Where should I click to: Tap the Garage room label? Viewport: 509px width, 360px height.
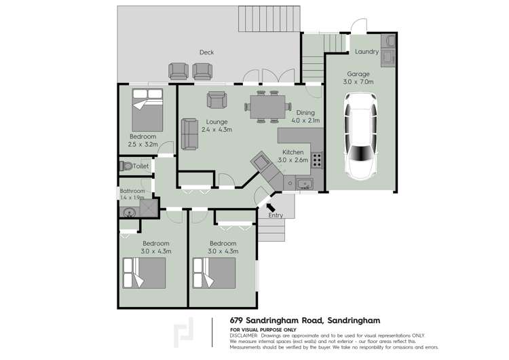pyautogui.click(x=358, y=74)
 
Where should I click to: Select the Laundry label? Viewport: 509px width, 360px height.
pyautogui.click(x=366, y=52)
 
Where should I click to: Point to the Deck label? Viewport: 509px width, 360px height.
pyautogui.click(x=206, y=52)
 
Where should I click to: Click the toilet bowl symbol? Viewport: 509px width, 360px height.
pyautogui.click(x=125, y=166)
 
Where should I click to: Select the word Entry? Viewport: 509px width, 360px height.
pyautogui.click(x=275, y=216)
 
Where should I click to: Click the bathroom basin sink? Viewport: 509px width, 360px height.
pyautogui.click(x=128, y=212)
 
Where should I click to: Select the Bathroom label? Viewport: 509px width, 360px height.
pyautogui.click(x=132, y=191)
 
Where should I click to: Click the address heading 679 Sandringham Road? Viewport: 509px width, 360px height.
pyautogui.click(x=305, y=320)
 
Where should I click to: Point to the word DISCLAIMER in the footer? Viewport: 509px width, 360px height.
pyautogui.click(x=244, y=336)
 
